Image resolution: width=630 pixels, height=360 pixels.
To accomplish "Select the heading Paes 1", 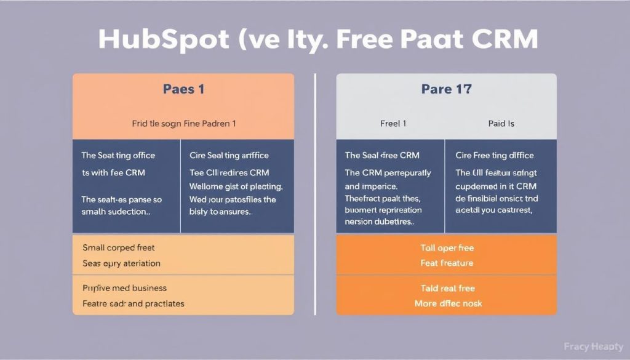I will click(x=183, y=89).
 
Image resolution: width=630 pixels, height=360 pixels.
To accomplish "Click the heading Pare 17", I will click(x=446, y=89).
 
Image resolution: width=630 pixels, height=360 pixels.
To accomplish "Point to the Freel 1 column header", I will click(x=393, y=124).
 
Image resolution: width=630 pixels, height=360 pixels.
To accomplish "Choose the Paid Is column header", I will click(x=501, y=124).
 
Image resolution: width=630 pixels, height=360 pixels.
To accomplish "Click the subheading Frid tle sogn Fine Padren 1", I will click(x=183, y=124).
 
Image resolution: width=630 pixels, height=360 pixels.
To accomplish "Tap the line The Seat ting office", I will click(x=118, y=156).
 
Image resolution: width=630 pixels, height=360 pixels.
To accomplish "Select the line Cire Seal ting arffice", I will click(x=229, y=156).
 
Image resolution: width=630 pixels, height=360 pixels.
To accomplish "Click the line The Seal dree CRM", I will click(x=382, y=156).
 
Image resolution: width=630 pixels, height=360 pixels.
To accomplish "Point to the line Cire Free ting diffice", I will click(x=495, y=156).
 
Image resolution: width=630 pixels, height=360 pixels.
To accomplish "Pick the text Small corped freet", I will click(x=119, y=248).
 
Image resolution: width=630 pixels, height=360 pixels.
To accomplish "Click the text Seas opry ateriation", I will click(x=121, y=263).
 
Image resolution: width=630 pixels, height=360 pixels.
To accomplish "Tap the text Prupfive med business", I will click(x=124, y=288).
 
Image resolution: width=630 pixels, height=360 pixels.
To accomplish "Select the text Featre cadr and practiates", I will click(x=133, y=303).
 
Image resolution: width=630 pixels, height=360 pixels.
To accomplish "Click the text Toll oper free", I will click(x=447, y=248).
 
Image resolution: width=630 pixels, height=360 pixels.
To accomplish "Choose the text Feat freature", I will click(x=447, y=263).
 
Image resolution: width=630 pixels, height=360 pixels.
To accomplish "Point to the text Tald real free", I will click(x=447, y=288).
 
